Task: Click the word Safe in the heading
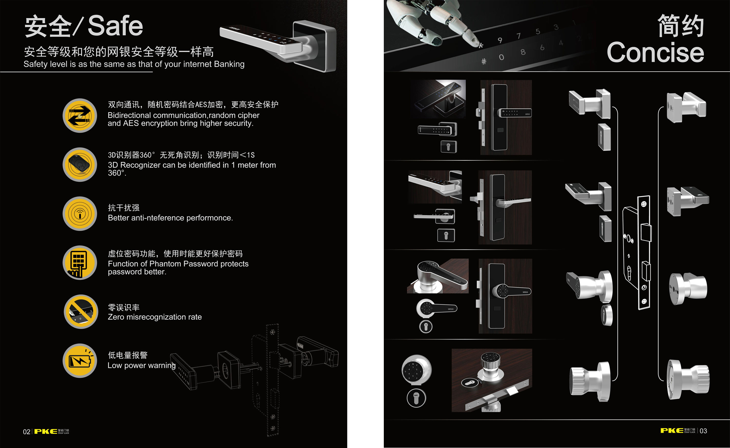pos(115,26)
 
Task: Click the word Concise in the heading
pos(655,52)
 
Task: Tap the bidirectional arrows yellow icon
pos(80,116)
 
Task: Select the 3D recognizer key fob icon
pos(80,165)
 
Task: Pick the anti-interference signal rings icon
pos(80,214)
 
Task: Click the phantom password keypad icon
pos(80,263)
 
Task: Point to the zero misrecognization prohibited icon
pos(81,312)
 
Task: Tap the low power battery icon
pos(80,360)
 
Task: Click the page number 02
pos(27,432)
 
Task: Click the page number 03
pos(703,431)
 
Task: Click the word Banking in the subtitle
pos(229,64)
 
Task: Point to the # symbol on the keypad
pos(484,62)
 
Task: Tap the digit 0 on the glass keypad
pos(501,57)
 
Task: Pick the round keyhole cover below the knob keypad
pos(416,398)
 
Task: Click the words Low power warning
pos(142,365)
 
